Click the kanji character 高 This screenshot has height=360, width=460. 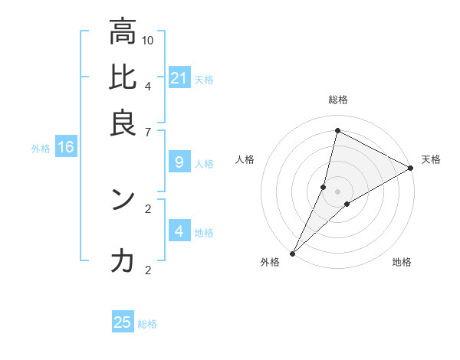(x=123, y=33)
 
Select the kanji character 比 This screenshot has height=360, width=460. (x=123, y=77)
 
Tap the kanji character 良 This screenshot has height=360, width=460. (x=123, y=123)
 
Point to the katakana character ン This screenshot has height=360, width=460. (x=123, y=199)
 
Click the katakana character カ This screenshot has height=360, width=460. (x=123, y=261)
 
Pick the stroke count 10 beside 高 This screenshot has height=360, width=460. (x=148, y=40)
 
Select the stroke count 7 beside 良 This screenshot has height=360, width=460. (x=148, y=133)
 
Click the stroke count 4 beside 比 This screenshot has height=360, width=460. (x=148, y=86)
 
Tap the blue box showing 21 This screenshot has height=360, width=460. (x=179, y=77)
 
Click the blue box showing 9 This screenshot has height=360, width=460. (x=179, y=162)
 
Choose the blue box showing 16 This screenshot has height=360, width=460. (x=66, y=148)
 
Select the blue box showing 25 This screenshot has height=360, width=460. (x=123, y=322)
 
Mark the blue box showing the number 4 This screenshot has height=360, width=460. (x=179, y=231)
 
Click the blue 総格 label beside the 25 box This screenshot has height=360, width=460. (x=147, y=324)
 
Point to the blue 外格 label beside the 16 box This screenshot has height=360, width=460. (x=41, y=149)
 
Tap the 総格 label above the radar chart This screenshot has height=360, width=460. (x=338, y=100)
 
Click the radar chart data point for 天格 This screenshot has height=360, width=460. (x=411, y=169)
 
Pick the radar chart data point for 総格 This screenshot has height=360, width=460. (x=337, y=130)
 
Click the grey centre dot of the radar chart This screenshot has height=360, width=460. (x=337, y=191)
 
